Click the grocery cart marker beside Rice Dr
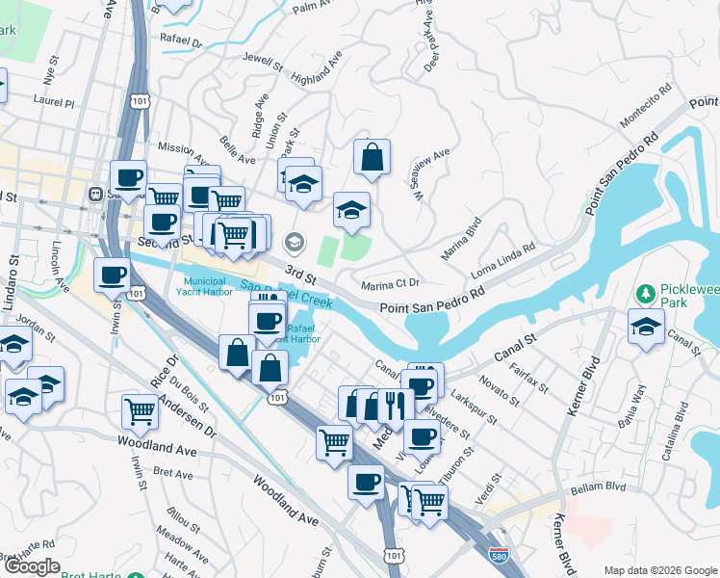click(141, 411)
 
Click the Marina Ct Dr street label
click(391, 283)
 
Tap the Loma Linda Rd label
click(502, 261)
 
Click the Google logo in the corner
click(33, 566)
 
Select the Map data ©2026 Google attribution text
click(660, 570)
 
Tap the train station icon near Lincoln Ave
click(96, 194)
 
